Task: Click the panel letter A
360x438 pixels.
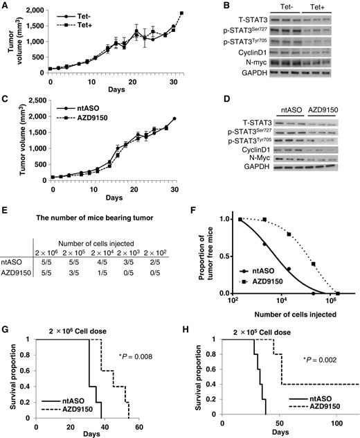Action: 6,6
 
